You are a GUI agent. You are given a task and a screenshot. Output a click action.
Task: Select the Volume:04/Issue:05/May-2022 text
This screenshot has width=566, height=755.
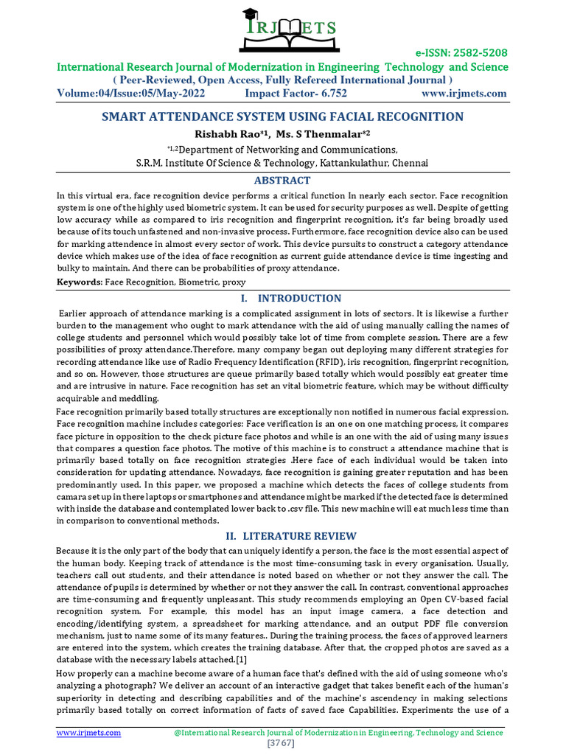click(131, 94)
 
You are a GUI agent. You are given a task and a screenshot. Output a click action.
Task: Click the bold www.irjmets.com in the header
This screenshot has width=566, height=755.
click(464, 94)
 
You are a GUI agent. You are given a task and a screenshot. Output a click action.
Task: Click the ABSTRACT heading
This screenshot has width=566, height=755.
click(282, 181)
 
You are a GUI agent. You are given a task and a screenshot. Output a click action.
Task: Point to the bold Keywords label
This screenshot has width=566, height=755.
click(80, 282)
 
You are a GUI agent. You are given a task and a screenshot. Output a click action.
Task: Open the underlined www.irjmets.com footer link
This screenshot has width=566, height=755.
click(89, 733)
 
